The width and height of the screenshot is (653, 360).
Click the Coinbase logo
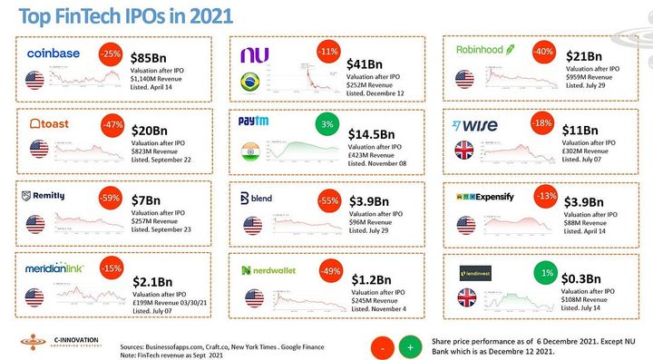point(55,54)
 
